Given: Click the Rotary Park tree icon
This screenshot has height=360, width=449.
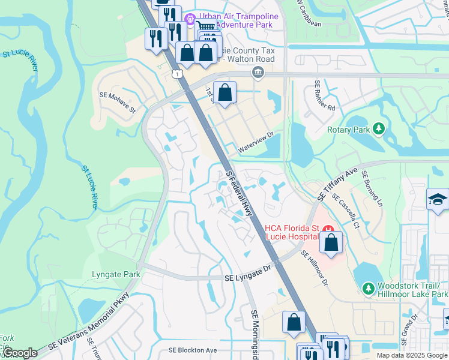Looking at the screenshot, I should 378,128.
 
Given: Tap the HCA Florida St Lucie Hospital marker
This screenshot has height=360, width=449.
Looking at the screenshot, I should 328,229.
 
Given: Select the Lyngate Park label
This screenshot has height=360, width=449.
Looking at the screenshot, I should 116,275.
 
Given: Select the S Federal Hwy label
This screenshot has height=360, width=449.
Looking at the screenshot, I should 239,193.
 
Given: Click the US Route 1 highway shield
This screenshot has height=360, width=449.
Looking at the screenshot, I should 176,73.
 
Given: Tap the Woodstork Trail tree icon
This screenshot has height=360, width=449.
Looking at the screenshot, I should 368,290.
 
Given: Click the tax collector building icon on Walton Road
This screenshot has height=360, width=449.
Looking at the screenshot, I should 258,73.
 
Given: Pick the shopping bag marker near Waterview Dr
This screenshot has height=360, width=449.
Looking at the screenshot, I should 224,93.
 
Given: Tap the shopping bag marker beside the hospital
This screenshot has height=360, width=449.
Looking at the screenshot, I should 331,242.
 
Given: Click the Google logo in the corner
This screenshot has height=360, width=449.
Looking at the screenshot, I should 20,353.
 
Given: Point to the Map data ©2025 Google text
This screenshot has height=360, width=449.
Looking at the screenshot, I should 412,355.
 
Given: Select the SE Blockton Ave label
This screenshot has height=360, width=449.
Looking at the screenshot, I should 192,350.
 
